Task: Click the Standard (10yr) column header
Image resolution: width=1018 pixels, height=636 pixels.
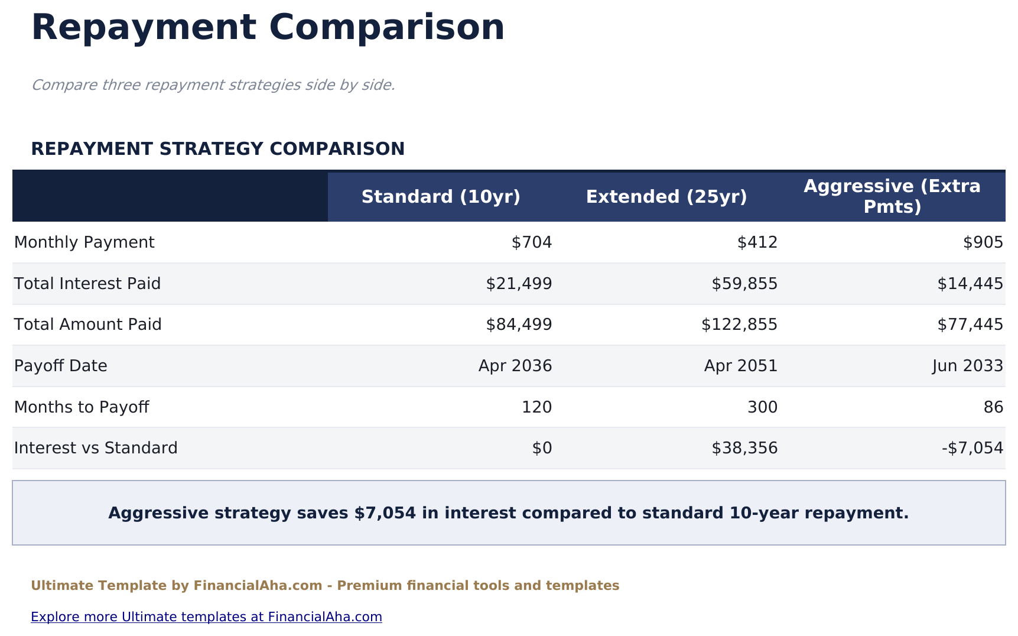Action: click(x=441, y=197)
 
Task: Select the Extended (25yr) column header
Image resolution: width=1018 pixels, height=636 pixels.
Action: click(x=666, y=197)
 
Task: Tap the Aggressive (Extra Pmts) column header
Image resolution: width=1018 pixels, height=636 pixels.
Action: click(x=892, y=197)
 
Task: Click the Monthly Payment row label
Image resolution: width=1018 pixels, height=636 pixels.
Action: click(x=84, y=242)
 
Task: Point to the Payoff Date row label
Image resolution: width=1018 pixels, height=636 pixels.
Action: click(x=60, y=366)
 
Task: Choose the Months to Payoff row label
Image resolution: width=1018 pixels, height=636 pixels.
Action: click(x=82, y=407)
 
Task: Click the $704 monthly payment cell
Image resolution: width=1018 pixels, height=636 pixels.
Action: click(x=532, y=242)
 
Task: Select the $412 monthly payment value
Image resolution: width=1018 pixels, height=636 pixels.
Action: click(x=757, y=242)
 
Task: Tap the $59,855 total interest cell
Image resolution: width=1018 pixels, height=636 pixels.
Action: click(x=744, y=284)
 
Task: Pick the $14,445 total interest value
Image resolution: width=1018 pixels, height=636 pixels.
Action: click(x=970, y=284)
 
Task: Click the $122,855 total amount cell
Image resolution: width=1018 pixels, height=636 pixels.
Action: click(x=739, y=325)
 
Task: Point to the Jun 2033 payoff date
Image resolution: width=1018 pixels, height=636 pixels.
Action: click(x=968, y=366)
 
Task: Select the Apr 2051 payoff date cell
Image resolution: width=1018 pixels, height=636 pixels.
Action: click(x=741, y=366)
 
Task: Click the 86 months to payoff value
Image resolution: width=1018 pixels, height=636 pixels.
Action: click(x=994, y=407)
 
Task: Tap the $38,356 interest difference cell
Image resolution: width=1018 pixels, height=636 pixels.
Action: click(x=744, y=448)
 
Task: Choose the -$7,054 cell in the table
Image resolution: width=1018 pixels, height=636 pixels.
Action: click(x=973, y=448)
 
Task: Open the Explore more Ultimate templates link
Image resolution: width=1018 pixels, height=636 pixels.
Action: click(x=206, y=617)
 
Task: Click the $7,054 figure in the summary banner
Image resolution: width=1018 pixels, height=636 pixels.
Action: click(x=386, y=513)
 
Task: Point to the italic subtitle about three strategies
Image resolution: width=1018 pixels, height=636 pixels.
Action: click(x=213, y=85)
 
